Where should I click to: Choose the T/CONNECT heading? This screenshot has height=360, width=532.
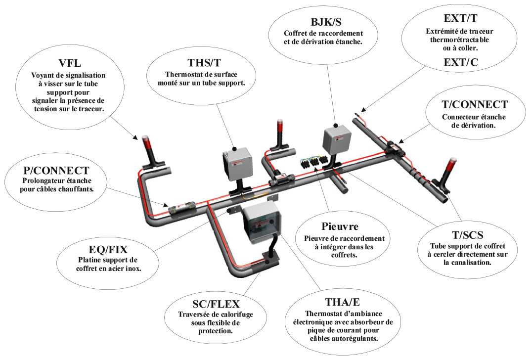(474, 105)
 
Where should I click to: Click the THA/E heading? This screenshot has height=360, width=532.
(342, 302)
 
